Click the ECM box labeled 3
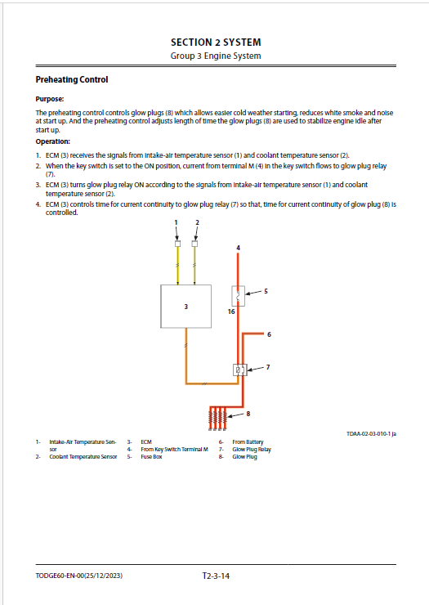coord(185,307)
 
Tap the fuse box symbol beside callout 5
coord(238,296)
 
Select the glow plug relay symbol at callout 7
coord(239,370)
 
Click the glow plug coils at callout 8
coord(218,419)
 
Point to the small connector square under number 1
coord(177,244)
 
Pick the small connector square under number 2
coord(194,244)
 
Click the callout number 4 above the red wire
coord(238,248)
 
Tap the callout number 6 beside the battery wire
coord(269,334)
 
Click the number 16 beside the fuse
coord(231,311)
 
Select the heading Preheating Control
coord(72,79)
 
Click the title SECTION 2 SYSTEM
coord(216,42)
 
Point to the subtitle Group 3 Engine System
coord(216,56)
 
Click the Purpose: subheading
coord(50,99)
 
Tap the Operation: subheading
coord(53,141)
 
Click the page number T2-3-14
coord(216,576)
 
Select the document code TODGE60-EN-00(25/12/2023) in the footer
coord(79,576)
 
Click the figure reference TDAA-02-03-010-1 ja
coord(371,433)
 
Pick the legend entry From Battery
coord(248,442)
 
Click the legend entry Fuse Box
coord(151,457)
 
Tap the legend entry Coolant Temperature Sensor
coord(83,457)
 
